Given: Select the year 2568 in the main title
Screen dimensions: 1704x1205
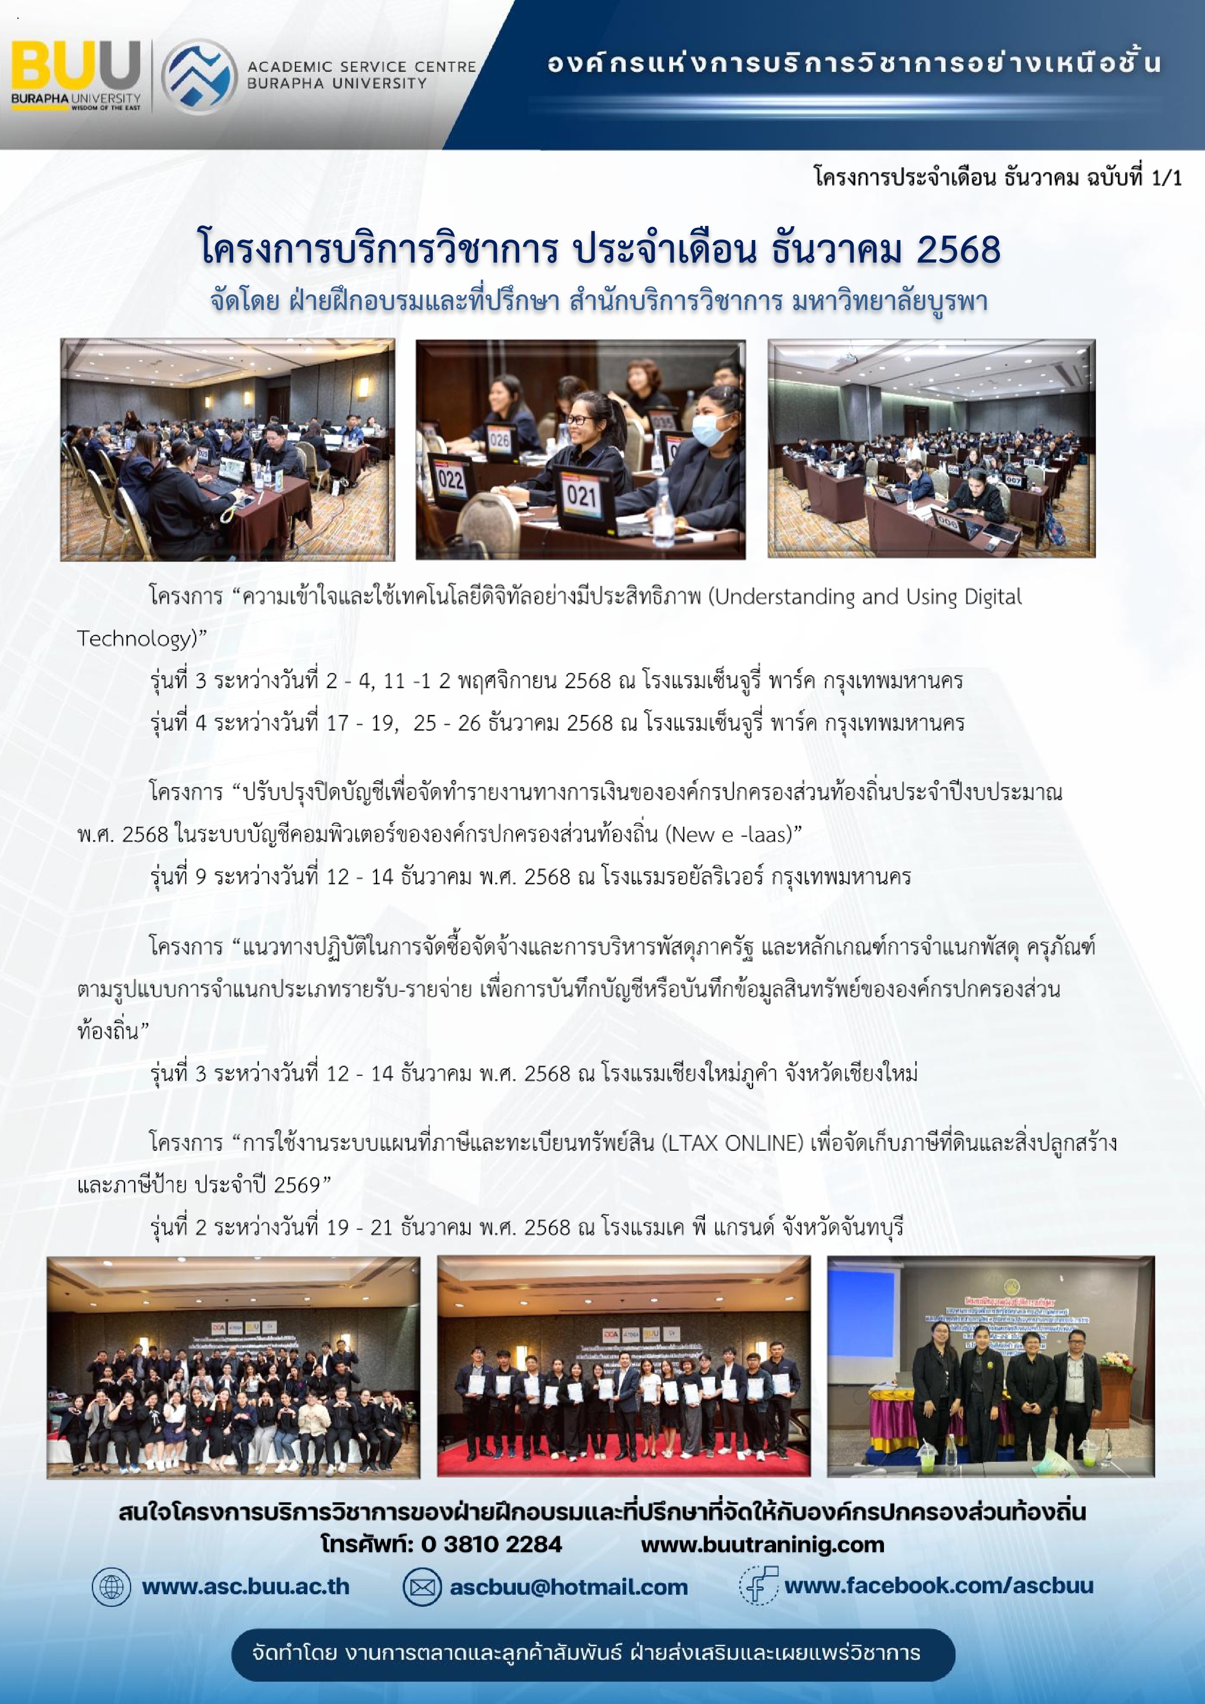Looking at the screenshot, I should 958,249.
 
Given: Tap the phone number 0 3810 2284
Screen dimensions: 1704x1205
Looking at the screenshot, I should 491,1545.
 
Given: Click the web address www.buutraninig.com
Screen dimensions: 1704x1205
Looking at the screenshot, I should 762,1545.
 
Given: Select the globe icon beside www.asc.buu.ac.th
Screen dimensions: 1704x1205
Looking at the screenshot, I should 111,1587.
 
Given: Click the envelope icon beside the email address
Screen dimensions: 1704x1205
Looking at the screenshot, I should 422,1587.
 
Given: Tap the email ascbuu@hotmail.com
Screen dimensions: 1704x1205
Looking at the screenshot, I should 568,1587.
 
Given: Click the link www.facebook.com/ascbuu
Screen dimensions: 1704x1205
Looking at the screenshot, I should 939,1586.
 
